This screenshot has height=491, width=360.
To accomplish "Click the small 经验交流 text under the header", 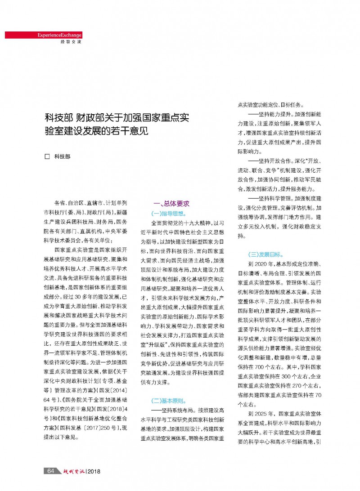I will (71, 42).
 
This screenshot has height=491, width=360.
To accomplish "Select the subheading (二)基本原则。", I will (169, 399).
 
